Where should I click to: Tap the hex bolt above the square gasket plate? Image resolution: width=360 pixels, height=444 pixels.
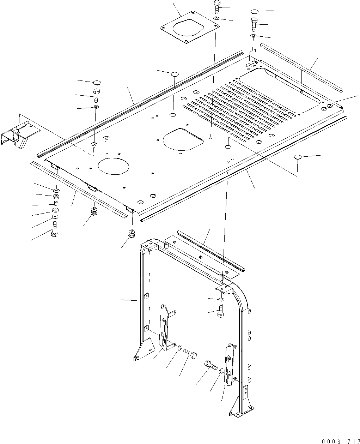pos(216,7)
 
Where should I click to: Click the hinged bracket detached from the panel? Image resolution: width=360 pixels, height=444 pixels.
pos(20,136)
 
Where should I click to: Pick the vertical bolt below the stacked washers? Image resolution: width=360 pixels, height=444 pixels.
pos(55,230)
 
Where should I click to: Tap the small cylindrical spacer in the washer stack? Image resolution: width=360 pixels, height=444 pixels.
pos(55,203)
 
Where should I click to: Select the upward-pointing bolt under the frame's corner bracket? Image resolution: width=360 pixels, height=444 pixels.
pos(221,311)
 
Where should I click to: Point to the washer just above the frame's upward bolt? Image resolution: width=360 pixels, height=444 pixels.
pos(221,300)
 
